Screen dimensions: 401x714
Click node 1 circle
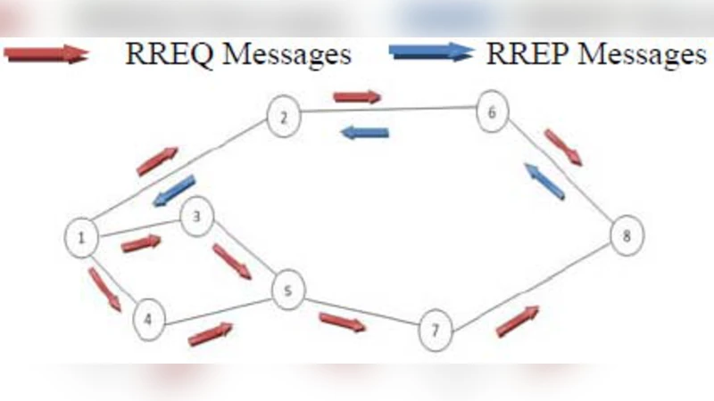81,237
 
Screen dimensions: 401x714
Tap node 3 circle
196,217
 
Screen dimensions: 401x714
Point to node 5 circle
288,291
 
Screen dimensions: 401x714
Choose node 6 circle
492,111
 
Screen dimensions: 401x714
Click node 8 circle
626,236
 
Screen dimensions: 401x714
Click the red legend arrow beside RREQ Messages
46,54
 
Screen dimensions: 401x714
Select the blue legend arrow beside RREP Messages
430,52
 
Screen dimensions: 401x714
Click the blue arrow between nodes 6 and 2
365,133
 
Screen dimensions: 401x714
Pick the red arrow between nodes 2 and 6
357,96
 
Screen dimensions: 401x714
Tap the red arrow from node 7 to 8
518,321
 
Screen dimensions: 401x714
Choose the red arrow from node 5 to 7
343,322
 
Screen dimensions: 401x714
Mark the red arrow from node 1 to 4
104,290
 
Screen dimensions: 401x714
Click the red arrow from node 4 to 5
210,334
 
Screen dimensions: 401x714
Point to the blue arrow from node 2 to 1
173,191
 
